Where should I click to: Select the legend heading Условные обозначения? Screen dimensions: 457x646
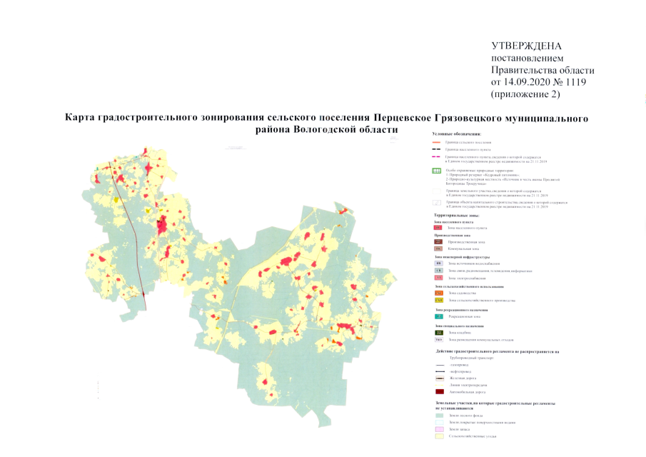coord(458,134)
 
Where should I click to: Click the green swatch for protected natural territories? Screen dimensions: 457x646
coord(438,171)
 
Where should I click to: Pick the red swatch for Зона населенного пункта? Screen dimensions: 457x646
coord(438,228)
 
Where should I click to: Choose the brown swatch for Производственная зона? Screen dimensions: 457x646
coord(438,242)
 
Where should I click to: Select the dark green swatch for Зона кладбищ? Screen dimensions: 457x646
coord(438,333)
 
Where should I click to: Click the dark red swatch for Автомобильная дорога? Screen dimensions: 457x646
coord(438,391)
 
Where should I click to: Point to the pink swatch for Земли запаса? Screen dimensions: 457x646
coord(438,428)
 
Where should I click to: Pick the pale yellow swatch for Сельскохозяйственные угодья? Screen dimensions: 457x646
coord(438,436)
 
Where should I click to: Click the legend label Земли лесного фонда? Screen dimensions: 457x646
coord(466,415)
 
